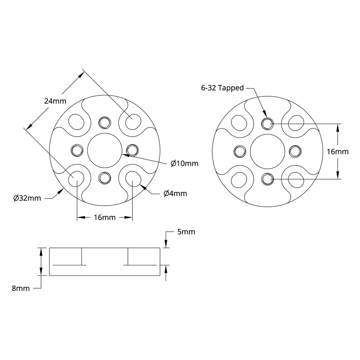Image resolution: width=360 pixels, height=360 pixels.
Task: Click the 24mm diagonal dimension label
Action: [x=55, y=101]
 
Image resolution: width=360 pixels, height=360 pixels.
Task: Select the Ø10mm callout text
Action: [x=184, y=163]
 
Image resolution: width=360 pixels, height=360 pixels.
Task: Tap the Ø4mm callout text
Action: [x=175, y=193]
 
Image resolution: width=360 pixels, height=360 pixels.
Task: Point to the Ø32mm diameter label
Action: [x=27, y=198]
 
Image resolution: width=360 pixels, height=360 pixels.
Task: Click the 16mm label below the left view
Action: [x=104, y=217]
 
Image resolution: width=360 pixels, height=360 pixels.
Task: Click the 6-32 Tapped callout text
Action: [x=222, y=88]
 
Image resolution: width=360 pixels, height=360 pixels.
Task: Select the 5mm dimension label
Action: [x=186, y=232]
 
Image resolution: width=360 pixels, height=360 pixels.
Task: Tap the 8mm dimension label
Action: [x=21, y=288]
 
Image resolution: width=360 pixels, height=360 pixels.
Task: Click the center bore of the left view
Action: [x=104, y=150]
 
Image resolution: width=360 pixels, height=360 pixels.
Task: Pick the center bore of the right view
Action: [x=267, y=151]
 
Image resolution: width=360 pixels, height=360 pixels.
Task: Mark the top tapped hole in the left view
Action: [x=104, y=122]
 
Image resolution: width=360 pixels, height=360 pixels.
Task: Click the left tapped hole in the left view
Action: [x=77, y=150]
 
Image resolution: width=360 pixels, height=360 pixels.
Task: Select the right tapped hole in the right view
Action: [x=295, y=151]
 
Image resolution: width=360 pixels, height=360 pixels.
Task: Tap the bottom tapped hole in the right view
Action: [x=267, y=179]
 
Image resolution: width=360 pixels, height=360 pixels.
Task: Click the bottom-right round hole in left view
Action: [x=132, y=178]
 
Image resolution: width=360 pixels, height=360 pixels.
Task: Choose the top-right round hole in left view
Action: [x=132, y=122]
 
